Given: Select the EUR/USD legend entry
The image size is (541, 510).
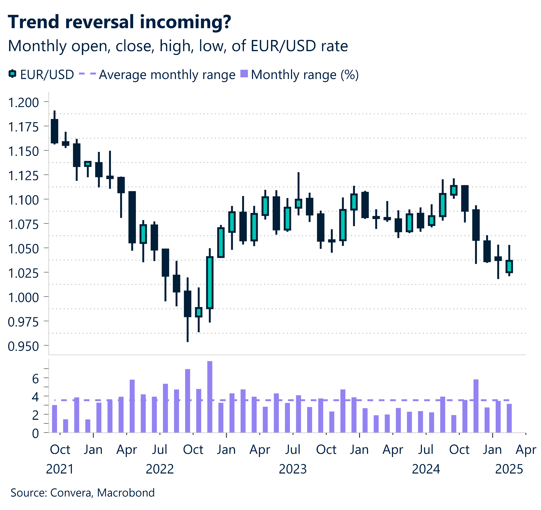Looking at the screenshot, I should click(41, 75).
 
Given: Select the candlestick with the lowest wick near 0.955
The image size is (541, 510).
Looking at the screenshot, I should click(187, 304).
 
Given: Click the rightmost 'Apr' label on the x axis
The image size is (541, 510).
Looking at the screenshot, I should click(525, 450).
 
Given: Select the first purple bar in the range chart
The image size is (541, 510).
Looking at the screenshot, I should click(54, 419).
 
